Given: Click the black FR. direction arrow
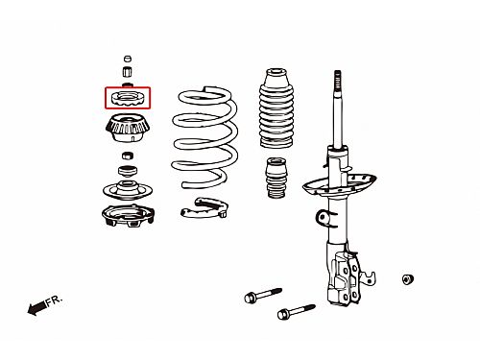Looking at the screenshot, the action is (36, 308).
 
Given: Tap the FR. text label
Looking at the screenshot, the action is (54, 300).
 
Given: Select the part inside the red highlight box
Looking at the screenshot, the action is (128, 100).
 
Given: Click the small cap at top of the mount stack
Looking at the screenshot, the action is (128, 59).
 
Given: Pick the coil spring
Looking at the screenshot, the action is (204, 137).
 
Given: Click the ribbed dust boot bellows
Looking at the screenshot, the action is (276, 108).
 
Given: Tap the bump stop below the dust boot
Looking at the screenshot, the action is (276, 178).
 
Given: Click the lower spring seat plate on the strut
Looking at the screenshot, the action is (339, 185).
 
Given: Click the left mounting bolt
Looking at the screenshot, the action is (263, 295).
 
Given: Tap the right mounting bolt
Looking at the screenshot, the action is (297, 311).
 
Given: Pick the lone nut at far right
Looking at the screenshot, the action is (407, 279).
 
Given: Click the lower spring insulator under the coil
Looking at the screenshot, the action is (204, 208).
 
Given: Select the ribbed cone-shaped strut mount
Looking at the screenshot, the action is (128, 130).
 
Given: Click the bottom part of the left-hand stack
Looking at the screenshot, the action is (128, 216).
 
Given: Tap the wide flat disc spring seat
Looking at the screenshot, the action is (128, 189).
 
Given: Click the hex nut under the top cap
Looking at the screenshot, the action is (128, 71).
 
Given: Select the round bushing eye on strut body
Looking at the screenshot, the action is (323, 218).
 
